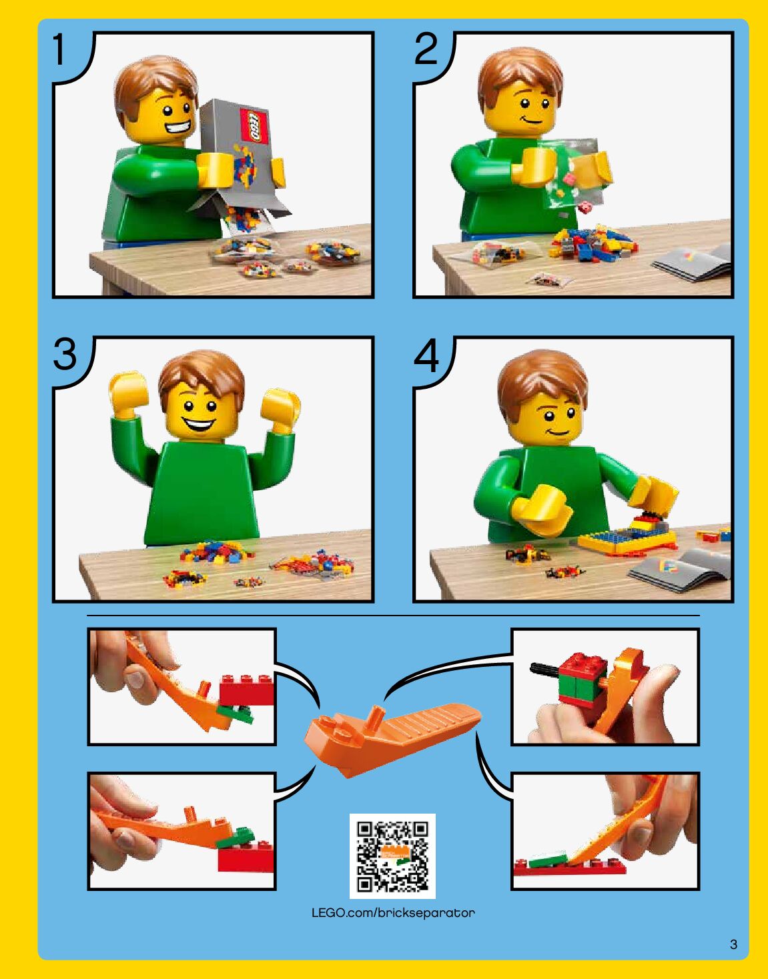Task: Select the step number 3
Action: click(65, 353)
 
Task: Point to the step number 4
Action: click(426, 356)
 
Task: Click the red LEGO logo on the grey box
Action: click(256, 127)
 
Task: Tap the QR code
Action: click(392, 856)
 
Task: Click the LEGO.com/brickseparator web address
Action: click(393, 913)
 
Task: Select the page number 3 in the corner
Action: click(733, 944)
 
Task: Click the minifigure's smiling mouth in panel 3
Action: click(199, 423)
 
